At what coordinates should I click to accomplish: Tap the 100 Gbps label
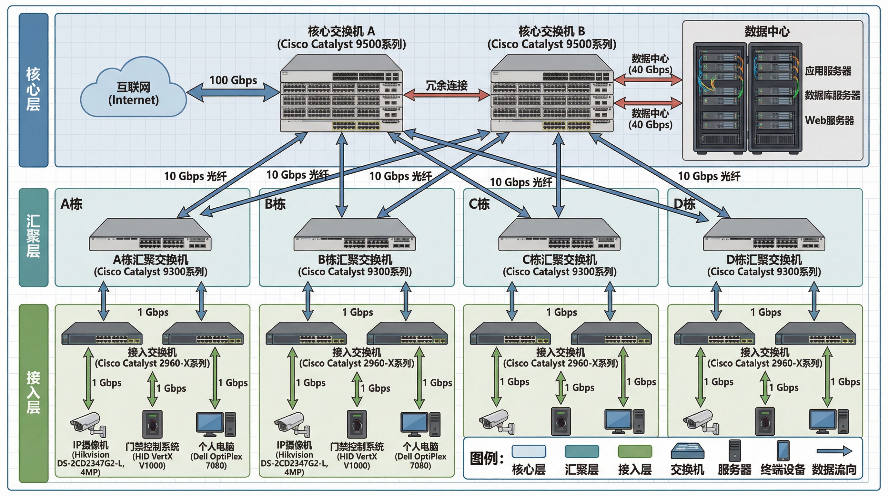(233, 80)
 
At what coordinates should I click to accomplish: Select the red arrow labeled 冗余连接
(446, 95)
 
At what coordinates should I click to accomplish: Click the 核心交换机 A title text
(341, 31)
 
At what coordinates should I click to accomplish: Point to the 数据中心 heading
(767, 31)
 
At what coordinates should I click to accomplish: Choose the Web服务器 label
(829, 120)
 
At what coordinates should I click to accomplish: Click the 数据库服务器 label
(832, 95)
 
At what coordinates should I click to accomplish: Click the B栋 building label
(275, 204)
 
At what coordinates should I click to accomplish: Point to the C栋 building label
(479, 204)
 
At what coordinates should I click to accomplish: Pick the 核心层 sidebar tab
(34, 90)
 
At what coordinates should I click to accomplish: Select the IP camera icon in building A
(88, 424)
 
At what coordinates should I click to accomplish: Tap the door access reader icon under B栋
(357, 424)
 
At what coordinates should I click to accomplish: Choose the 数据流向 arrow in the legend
(834, 451)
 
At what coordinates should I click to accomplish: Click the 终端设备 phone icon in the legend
(783, 450)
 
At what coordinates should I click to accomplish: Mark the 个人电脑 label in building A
(216, 447)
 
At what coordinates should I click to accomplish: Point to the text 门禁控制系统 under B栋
(357, 447)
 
